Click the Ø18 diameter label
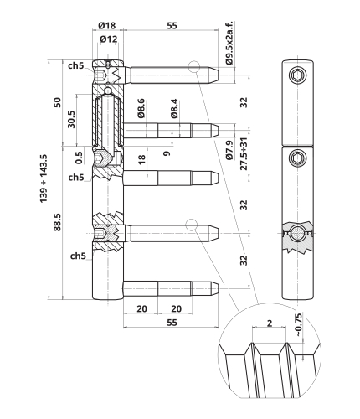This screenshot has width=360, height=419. click(107, 26)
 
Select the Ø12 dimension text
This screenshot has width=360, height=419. click(109, 39)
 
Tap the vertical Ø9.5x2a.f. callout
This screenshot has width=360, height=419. click(229, 43)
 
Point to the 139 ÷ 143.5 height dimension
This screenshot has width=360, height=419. click(44, 178)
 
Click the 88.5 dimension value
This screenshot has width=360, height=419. click(58, 222)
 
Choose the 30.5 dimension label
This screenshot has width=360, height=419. click(71, 119)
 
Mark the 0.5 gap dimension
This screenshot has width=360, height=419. click(79, 158)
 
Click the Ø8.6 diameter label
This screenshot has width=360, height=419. click(141, 108)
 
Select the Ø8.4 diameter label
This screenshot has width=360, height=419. click(174, 108)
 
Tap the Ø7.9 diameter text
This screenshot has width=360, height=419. click(229, 150)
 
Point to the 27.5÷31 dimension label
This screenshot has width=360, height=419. click(244, 153)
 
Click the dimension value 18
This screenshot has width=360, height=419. click(141, 159)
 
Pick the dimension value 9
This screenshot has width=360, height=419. click(167, 153)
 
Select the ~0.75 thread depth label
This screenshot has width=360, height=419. click(298, 325)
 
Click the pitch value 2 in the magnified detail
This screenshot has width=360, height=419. click(270, 323)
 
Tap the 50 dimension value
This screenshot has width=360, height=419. click(58, 102)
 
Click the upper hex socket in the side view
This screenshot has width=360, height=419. click(297, 75)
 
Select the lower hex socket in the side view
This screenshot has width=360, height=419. click(297, 157)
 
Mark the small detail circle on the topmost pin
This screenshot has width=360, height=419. click(194, 67)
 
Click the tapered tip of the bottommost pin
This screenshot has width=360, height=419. click(214, 289)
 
